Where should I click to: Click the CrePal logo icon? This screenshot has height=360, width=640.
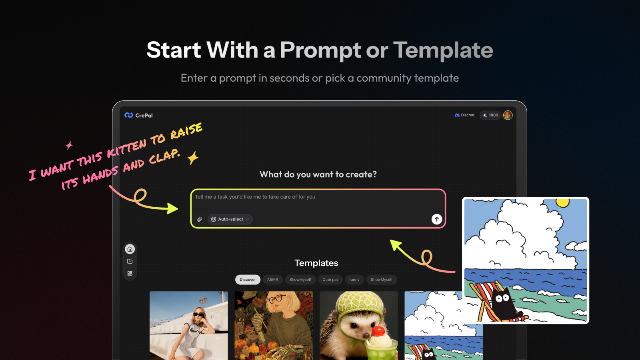coord(128,115)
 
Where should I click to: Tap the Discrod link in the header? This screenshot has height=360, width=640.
coord(464,115)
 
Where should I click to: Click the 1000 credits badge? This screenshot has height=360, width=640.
coord(490,115)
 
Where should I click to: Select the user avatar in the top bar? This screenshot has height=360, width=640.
coord(508,115)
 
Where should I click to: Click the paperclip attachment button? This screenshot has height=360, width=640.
coord(200,219)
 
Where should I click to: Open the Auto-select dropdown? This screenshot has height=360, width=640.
coord(230,219)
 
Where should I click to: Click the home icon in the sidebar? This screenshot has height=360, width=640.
coord(130,249)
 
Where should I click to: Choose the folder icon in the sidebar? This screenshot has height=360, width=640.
coord(130,262)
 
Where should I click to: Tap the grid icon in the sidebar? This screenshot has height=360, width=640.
coord(130,274)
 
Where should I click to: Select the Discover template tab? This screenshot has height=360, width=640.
coord(248,280)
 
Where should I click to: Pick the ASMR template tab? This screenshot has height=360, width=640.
coord(272,280)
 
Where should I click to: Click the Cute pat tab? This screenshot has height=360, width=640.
coord(330,280)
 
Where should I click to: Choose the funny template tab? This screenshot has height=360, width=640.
coord(354,280)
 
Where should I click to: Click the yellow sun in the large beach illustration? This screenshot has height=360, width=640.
coord(562,202)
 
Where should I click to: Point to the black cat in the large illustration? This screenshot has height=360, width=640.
coord(504,304)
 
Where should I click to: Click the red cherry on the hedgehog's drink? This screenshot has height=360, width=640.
coord(378,331)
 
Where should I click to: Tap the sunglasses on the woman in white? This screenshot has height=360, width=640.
coord(199,315)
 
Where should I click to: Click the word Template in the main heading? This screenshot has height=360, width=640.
coord(443,50)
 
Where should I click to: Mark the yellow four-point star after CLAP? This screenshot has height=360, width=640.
coord(193,158)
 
